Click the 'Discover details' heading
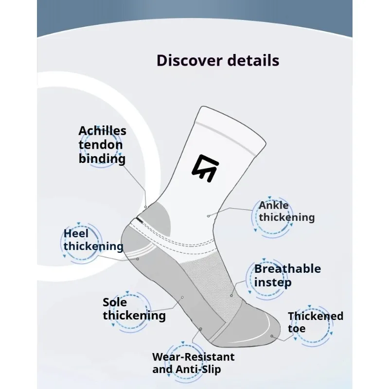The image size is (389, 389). [x=218, y=60]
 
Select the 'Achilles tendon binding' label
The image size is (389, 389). [x=102, y=144]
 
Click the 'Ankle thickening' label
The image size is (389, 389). [x=286, y=212]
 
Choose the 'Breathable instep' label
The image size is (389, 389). [x=287, y=275]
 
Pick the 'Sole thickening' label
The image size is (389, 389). [x=134, y=309]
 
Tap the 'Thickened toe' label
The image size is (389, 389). [x=315, y=322]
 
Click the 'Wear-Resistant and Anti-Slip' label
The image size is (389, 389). [x=193, y=363]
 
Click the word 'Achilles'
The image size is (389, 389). [x=102, y=131]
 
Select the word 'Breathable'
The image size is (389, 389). [x=287, y=269]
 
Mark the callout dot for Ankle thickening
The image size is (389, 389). [x=208, y=214]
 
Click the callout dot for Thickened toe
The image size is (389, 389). [x=272, y=336]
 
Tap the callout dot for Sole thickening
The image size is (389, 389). [x=182, y=297]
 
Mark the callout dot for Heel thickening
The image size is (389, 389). [x=138, y=258]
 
